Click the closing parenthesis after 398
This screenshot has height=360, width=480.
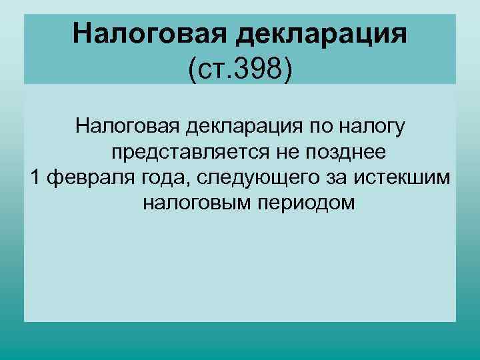pos(288,69)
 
